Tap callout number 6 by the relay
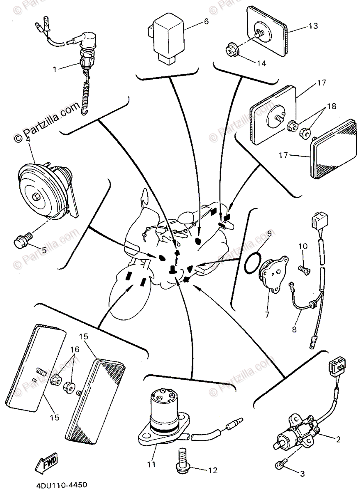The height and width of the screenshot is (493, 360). [x=206, y=21]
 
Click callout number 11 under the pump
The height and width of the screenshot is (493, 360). [x=152, y=465]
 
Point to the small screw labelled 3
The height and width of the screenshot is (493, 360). [x=280, y=465]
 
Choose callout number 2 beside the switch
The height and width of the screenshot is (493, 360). [x=338, y=440]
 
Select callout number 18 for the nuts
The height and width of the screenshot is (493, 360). [x=332, y=106]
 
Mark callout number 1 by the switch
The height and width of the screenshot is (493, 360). [x=54, y=69]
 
